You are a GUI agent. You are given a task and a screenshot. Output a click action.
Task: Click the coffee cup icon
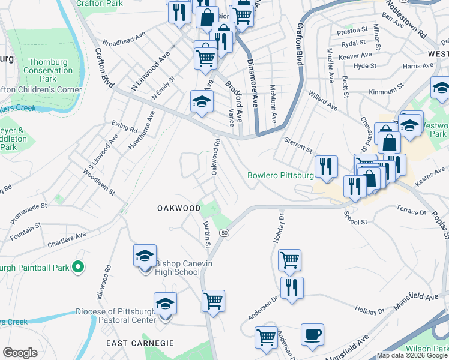[312, 335]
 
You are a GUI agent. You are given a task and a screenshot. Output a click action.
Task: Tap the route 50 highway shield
[224, 233]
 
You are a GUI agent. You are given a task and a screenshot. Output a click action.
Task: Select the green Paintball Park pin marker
[77, 266]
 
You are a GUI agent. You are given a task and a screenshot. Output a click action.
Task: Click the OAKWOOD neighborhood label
[179, 208]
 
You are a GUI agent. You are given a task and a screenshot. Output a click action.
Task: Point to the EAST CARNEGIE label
[140, 343]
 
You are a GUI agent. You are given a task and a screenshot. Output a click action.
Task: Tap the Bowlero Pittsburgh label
[281, 176]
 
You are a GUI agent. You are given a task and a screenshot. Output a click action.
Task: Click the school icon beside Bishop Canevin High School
[145, 256]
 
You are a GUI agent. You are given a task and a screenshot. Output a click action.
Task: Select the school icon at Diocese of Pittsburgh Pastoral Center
[165, 304]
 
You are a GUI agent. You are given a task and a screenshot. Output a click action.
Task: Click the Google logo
[20, 352]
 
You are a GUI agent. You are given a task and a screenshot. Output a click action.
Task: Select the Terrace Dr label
[411, 211]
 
